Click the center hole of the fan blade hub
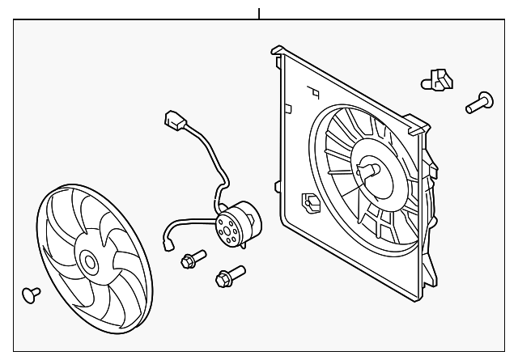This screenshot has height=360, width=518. tap(88, 262)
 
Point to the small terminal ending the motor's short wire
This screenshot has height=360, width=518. tap(169, 240)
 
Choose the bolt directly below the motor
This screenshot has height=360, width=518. tap(227, 277)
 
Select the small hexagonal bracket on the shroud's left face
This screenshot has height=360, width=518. tap(310, 201)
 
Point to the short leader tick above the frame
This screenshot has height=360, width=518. tap(259, 14)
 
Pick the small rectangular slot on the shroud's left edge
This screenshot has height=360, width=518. tap(287, 106)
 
